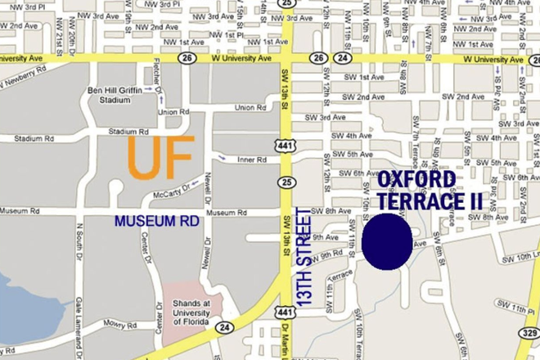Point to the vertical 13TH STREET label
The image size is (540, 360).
pos(305,259)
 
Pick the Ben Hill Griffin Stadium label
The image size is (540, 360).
pos(122,95)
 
